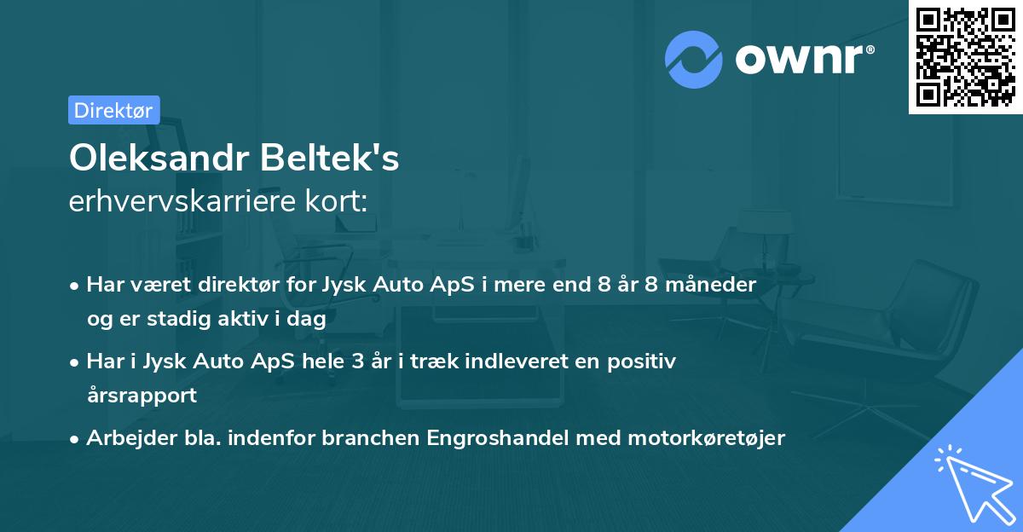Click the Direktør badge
coord(113,110)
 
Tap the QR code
coord(965,56)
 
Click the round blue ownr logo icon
coord(695,59)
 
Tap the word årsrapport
coord(142,396)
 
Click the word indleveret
coord(490,361)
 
